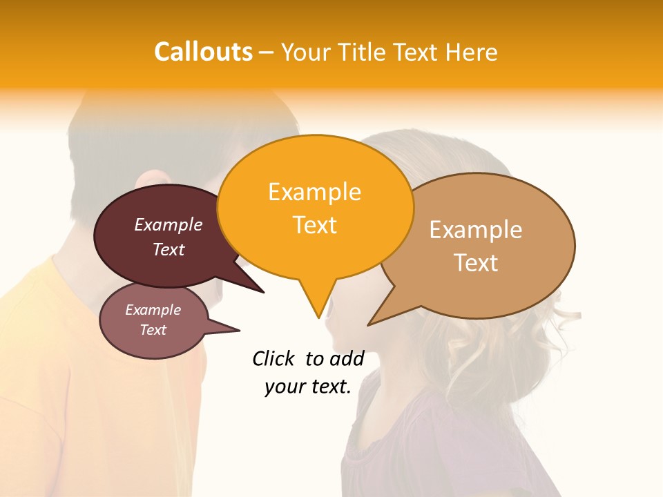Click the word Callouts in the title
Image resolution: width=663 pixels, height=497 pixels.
pyautogui.click(x=203, y=52)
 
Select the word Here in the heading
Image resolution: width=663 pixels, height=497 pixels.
pyautogui.click(x=472, y=52)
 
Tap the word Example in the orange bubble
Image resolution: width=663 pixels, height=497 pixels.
pyautogui.click(x=314, y=192)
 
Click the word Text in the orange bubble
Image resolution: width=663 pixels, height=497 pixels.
pyautogui.click(x=315, y=225)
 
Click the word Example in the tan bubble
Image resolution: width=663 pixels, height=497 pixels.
pyautogui.click(x=476, y=230)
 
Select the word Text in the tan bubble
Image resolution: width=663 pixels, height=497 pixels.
pyautogui.click(x=476, y=263)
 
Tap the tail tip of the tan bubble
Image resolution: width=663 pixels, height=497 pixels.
pyautogui.click(x=369, y=324)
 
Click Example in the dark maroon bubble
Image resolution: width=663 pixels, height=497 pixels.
pyautogui.click(x=169, y=224)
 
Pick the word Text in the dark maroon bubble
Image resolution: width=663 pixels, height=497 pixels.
pyautogui.click(x=169, y=249)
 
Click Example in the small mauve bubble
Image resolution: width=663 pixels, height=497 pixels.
pyautogui.click(x=153, y=310)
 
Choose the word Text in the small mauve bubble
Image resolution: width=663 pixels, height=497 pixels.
pyautogui.click(x=153, y=330)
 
